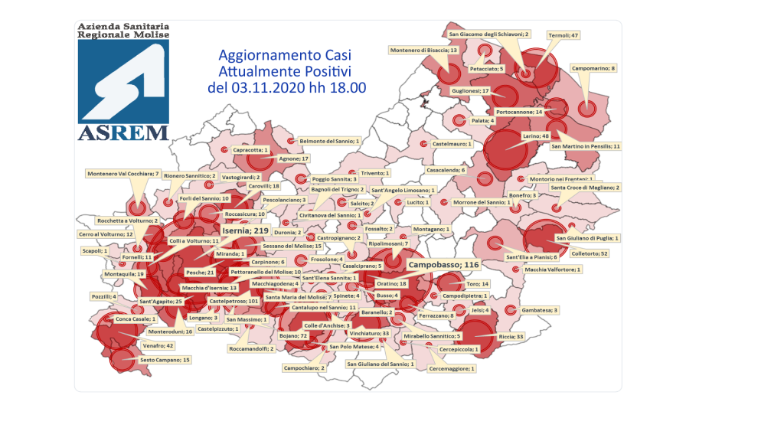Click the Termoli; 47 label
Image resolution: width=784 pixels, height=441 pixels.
(563, 35)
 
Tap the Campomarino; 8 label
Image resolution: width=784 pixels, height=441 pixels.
(593, 68)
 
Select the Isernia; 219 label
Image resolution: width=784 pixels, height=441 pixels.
(245, 230)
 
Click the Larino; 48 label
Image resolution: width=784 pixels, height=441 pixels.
(536, 136)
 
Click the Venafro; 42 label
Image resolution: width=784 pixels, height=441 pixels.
(158, 345)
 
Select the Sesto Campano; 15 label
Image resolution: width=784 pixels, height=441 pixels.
(165, 360)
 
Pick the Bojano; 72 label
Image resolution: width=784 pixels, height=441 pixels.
(292, 335)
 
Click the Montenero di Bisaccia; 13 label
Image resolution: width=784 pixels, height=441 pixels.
(423, 50)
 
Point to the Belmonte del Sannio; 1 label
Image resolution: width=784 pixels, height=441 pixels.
(329, 142)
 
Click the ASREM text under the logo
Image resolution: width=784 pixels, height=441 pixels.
(122, 132)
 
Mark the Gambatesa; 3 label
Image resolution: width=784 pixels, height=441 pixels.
(540, 310)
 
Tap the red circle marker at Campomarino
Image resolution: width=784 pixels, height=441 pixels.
(586, 109)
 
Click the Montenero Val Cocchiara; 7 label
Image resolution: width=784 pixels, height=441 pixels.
(122, 174)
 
